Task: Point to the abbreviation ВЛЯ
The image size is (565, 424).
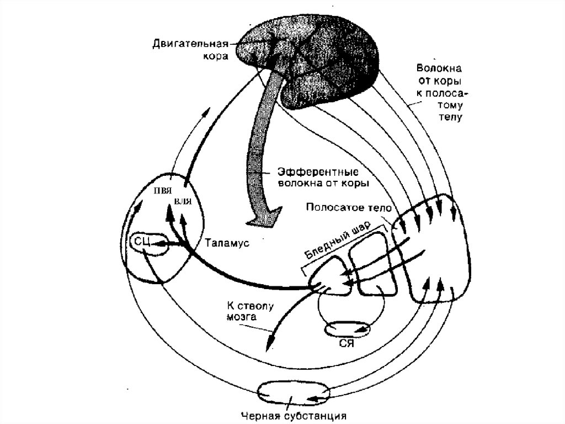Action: [183, 202]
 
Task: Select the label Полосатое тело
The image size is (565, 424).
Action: [348, 208]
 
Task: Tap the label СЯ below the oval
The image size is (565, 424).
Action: [346, 343]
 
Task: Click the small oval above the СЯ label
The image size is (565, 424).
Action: [347, 329]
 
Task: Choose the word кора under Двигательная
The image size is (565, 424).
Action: [221, 56]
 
